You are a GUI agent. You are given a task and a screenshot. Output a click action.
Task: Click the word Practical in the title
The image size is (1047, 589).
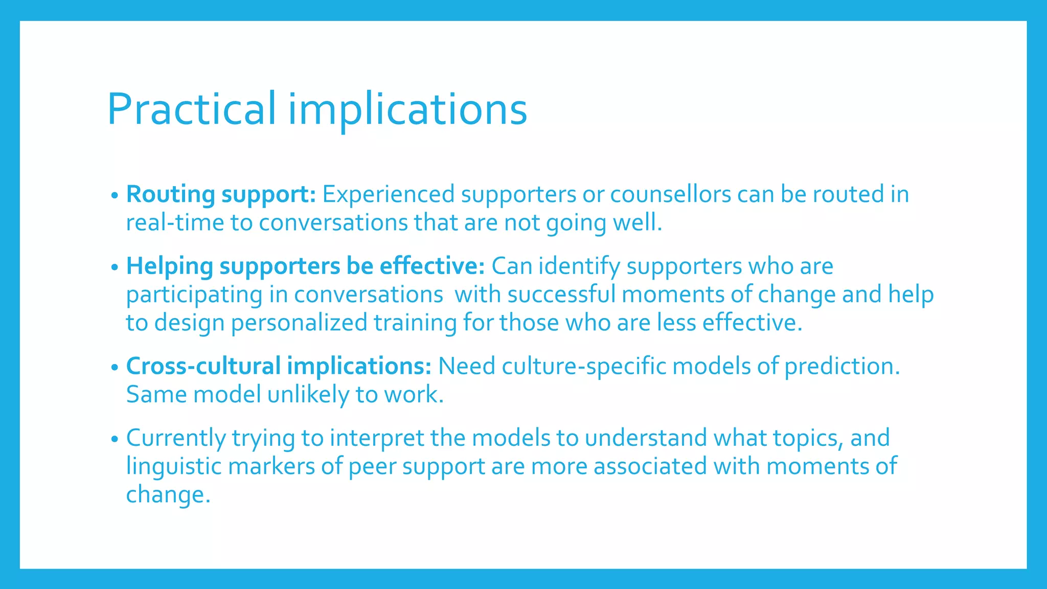(191, 109)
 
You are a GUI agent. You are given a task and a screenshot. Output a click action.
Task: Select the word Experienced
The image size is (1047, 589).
(389, 195)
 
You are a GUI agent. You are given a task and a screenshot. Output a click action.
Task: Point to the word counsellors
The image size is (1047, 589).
(670, 195)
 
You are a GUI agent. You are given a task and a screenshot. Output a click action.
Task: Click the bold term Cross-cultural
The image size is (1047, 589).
(203, 367)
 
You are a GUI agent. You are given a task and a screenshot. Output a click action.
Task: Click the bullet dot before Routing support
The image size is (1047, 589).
(115, 195)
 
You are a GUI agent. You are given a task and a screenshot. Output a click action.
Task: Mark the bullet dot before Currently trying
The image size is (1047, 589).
(115, 439)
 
